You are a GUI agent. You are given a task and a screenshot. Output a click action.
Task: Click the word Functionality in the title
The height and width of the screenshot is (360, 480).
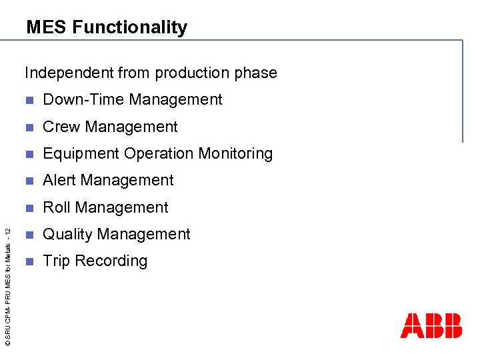129,27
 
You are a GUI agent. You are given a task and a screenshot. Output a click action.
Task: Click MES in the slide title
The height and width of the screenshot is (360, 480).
47,27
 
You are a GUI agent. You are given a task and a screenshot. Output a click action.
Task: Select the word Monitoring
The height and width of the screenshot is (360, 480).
238,153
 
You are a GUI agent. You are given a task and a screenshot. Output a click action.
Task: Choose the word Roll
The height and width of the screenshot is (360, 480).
57,207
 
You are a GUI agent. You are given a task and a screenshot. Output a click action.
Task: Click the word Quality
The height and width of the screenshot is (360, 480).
67,234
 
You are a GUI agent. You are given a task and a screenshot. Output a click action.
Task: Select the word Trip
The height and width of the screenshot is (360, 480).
57,261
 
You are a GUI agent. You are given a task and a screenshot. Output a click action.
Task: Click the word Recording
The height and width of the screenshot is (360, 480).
111,261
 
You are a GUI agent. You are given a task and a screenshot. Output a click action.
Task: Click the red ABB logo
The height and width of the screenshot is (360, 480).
431,326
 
